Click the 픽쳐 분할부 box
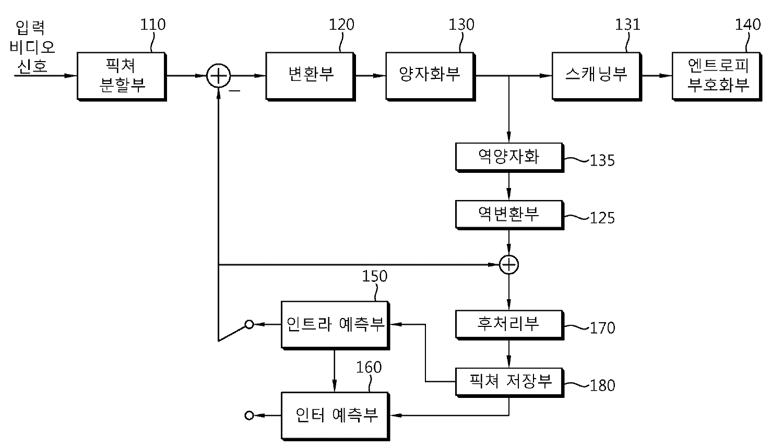pyautogui.click(x=122, y=76)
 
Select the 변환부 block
pyautogui.click(x=311, y=75)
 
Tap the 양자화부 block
pyautogui.click(x=430, y=75)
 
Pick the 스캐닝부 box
pyautogui.click(x=596, y=75)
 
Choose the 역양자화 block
pyautogui.click(x=509, y=157)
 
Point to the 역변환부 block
pyautogui.click(x=509, y=214)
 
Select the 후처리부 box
pyautogui.click(x=509, y=324)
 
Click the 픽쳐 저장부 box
pyautogui.click(x=509, y=382)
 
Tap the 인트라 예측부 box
pyautogui.click(x=335, y=324)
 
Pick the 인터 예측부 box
pyautogui.click(x=335, y=416)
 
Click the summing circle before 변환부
pyautogui.click(x=218, y=76)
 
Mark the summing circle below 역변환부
pyautogui.click(x=509, y=265)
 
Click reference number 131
pyautogui.click(x=627, y=25)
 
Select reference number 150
pyautogui.click(x=375, y=276)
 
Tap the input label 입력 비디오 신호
pyautogui.click(x=32, y=47)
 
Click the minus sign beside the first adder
pyautogui.click(x=235, y=91)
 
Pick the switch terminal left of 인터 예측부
pyautogui.click(x=249, y=416)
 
